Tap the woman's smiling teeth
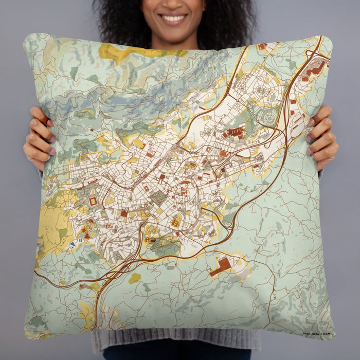pos(174,19)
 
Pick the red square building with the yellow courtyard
pos(93,201)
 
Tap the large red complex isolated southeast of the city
pos(222,266)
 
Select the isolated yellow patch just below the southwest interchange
pos(134,278)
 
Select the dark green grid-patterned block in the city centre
pos(158,196)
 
